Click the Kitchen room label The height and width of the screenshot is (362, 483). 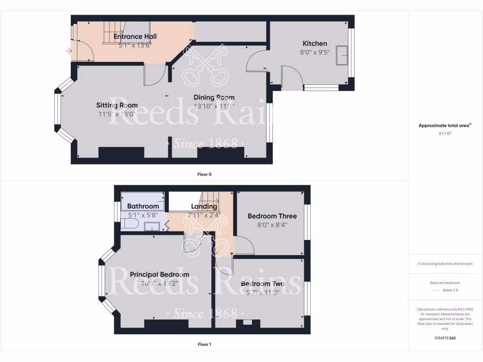315,43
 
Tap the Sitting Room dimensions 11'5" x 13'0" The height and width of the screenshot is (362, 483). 117,114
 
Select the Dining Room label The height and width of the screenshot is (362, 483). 214,98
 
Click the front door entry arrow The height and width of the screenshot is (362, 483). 70,51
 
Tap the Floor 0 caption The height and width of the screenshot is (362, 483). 204,174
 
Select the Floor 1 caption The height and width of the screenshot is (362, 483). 204,344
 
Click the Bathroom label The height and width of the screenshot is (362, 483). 143,206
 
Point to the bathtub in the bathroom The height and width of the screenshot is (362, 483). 143,198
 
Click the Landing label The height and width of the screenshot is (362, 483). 204,206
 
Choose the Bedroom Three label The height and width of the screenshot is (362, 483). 272,216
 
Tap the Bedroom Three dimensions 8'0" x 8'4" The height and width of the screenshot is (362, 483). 272,225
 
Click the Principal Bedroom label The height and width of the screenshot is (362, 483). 159,274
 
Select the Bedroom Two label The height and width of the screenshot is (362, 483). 263,284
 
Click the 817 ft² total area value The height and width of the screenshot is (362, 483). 445,133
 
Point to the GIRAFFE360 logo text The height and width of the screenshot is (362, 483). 445,338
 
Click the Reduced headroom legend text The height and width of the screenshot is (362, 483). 445,282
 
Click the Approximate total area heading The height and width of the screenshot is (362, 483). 445,125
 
